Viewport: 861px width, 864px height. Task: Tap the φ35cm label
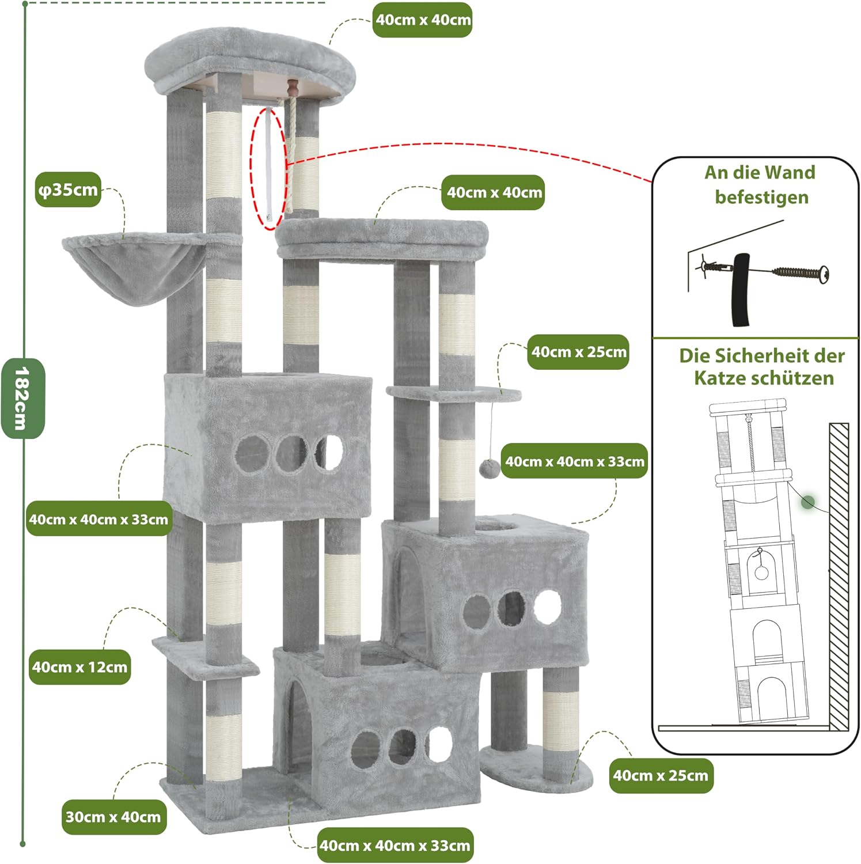coord(69,190)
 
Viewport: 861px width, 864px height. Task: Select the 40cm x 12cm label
coord(80,667)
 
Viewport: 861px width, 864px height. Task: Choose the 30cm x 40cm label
coord(113,817)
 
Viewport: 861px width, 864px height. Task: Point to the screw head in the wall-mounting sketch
coord(824,273)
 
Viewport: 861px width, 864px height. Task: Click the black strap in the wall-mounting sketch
coord(741,290)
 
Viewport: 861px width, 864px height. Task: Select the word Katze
coord(717,378)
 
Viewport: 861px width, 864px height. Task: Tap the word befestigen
coord(761,197)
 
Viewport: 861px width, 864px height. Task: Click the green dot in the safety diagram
coord(808,502)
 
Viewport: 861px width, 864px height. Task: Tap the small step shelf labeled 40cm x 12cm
coord(206,656)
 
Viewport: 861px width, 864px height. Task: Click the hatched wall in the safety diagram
coord(839,577)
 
